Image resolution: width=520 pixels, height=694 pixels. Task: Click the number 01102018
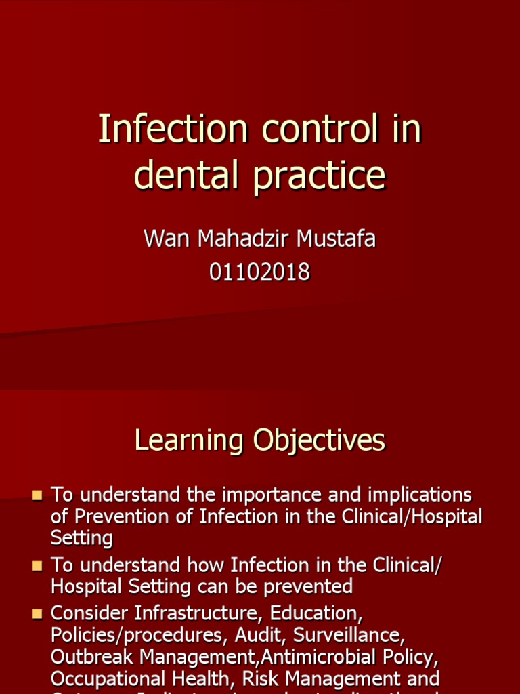(259, 272)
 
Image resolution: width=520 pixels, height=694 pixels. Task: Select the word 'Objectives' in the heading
(319, 441)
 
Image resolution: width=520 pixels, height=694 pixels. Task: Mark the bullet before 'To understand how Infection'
(38, 566)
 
